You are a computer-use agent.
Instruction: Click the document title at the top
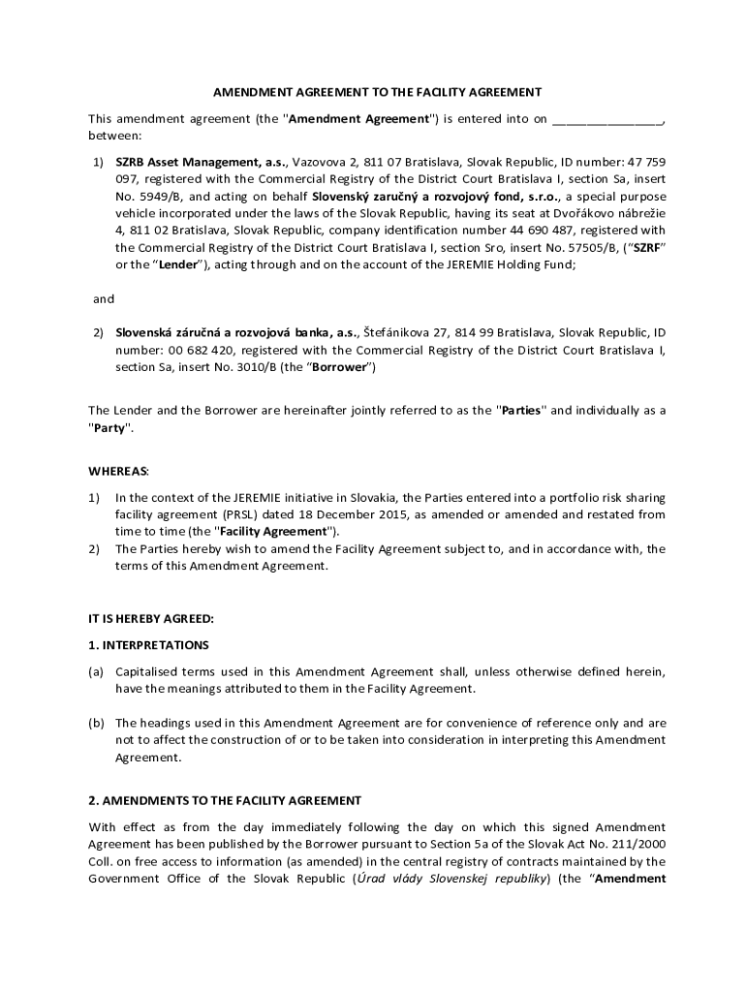tap(377, 92)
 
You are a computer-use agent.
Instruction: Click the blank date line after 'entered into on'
tap(607, 120)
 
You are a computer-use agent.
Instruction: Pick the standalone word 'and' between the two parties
tap(104, 299)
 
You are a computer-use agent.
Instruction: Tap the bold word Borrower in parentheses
tap(339, 368)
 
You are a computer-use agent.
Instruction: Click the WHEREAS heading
tap(119, 471)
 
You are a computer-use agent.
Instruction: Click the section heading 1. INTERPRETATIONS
tap(148, 644)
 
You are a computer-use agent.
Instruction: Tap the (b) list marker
tap(96, 723)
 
